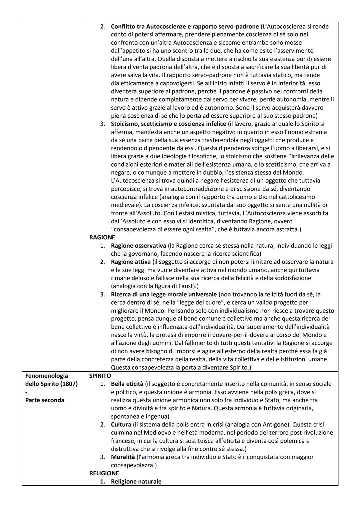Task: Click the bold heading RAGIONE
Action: point(102,237)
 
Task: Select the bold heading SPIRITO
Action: point(100,376)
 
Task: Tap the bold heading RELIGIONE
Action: point(104,473)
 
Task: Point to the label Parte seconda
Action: point(45,400)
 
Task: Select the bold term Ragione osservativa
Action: point(138,246)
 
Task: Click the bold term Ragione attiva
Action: point(131,262)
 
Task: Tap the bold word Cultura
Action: point(121,424)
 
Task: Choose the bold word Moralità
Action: point(123,457)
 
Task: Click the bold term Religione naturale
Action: point(136,481)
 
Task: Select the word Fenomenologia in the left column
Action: point(46,376)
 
